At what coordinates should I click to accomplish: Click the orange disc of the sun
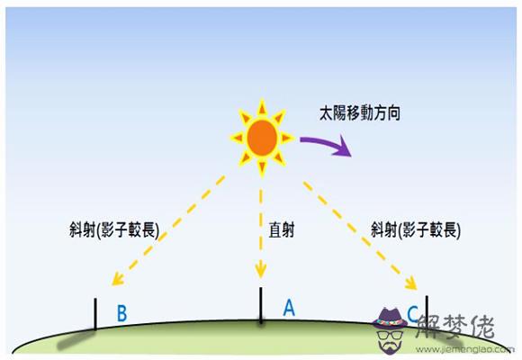pos(262,138)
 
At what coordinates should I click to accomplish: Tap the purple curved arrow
pos(328,143)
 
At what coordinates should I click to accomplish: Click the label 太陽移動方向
pos(360,113)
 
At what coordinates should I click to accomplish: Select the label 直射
pos(282,230)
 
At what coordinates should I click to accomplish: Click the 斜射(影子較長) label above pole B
pos(114,229)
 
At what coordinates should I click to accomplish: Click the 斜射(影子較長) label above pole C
pos(416,229)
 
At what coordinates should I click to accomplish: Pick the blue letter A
pos(289,308)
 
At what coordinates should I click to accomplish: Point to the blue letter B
pos(122,313)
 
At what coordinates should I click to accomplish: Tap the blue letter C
pos(413,314)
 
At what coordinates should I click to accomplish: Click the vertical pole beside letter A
pos(261,305)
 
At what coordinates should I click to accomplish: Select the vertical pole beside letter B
pos(95,314)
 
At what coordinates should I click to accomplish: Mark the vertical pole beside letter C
pos(427,310)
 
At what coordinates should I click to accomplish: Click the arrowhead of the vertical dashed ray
pos(261,271)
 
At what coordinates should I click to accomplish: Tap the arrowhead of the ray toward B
pos(117,279)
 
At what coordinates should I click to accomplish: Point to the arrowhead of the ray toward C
pos(411,283)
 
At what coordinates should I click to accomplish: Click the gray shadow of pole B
pos(76,339)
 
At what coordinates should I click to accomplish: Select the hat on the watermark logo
pos(390,318)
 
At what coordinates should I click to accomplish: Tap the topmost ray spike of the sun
pos(262,107)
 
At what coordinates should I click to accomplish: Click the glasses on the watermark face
pos(390,335)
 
